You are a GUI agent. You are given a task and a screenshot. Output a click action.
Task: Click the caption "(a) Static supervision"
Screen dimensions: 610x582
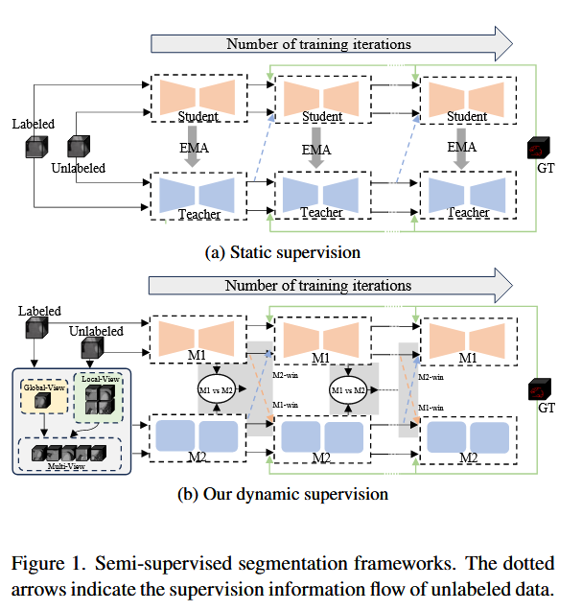coord(283,252)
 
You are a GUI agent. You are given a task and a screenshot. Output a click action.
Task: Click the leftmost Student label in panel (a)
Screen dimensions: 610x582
coord(198,117)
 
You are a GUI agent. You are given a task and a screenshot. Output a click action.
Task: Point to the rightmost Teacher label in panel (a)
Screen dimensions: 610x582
coord(468,212)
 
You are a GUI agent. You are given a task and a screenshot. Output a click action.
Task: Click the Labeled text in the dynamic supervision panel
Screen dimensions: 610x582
coord(39,311)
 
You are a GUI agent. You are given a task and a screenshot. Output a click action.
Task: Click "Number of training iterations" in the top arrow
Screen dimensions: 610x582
coord(318,44)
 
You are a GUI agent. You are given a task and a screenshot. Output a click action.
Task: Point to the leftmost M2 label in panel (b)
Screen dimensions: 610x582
coord(198,458)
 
